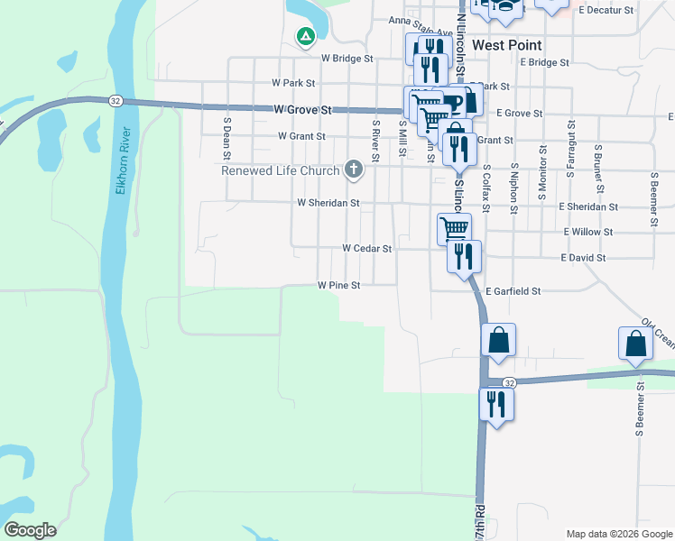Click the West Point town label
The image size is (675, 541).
pyautogui.click(x=506, y=45)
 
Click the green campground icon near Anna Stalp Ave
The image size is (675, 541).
pyautogui.click(x=306, y=37)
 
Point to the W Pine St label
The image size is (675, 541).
pyautogui.click(x=338, y=285)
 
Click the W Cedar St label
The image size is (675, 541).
pyautogui.click(x=366, y=248)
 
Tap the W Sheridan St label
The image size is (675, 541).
pyautogui.click(x=328, y=203)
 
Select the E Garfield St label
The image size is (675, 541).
pyautogui.click(x=513, y=291)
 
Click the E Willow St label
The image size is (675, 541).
pyautogui.click(x=587, y=232)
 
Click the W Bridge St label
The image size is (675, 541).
pyautogui.click(x=347, y=59)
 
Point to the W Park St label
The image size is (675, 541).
pyautogui.click(x=293, y=82)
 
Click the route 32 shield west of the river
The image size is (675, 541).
pyautogui.click(x=116, y=100)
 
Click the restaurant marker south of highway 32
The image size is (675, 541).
pyautogui.click(x=495, y=403)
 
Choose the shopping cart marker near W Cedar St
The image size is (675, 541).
pyautogui.click(x=454, y=229)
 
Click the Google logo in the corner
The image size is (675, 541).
pyautogui.click(x=30, y=530)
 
